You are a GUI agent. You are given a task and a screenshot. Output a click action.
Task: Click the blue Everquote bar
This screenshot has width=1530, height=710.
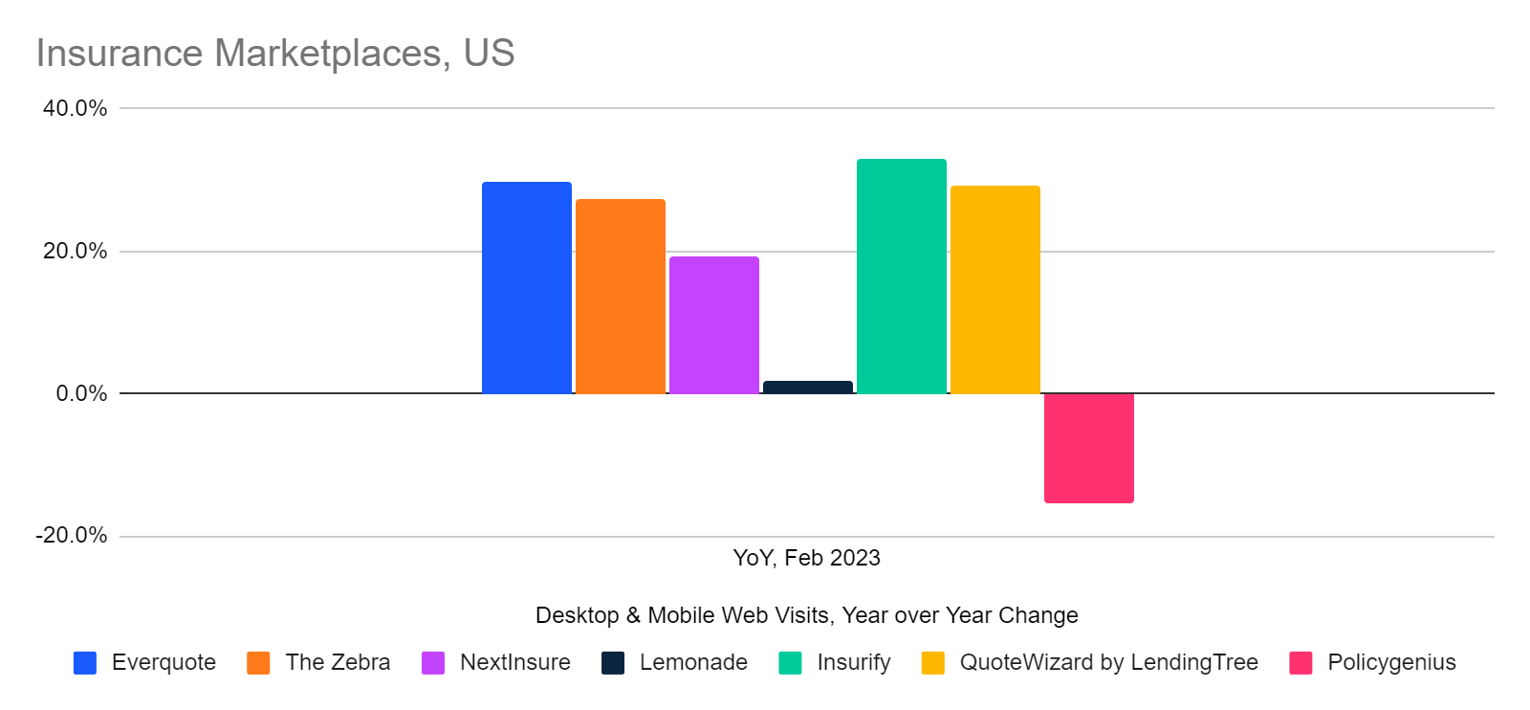(526, 287)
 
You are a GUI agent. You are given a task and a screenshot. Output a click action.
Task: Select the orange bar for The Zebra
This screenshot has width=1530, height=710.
(620, 297)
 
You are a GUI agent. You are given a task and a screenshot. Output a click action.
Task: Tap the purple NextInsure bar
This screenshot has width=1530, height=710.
(713, 325)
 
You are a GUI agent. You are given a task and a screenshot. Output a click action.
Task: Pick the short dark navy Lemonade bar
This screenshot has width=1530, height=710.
(807, 388)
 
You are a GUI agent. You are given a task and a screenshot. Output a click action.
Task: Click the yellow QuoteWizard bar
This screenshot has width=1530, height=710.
(994, 289)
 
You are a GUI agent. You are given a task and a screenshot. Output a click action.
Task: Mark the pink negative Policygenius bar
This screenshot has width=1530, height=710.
(1088, 447)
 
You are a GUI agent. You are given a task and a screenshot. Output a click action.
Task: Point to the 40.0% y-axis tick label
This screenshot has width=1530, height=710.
(75, 108)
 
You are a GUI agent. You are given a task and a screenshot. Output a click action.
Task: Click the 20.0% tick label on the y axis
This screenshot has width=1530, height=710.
(75, 251)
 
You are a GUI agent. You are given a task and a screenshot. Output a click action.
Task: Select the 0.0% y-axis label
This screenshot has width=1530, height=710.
(81, 393)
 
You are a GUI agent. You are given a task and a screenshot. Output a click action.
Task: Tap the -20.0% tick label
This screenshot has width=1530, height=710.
(72, 535)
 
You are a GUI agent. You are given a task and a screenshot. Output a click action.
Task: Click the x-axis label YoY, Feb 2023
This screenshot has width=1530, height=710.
(806, 558)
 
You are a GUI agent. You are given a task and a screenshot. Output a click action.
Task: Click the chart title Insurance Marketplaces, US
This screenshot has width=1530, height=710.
(275, 54)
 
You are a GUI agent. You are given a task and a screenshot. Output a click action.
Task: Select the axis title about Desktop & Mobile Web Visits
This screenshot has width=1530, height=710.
(806, 615)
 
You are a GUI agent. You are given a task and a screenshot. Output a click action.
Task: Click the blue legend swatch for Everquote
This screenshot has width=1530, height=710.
(85, 663)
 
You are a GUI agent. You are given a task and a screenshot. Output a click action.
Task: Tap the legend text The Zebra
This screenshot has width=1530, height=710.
(338, 662)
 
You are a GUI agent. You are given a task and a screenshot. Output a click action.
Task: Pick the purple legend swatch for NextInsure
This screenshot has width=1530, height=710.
(433, 663)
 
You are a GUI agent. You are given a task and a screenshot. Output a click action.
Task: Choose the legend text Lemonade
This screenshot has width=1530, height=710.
(693, 662)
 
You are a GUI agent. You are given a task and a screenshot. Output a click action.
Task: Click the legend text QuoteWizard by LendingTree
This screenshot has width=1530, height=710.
(1108, 662)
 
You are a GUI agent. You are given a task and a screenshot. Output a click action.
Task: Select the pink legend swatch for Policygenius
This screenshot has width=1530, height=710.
(1300, 663)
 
